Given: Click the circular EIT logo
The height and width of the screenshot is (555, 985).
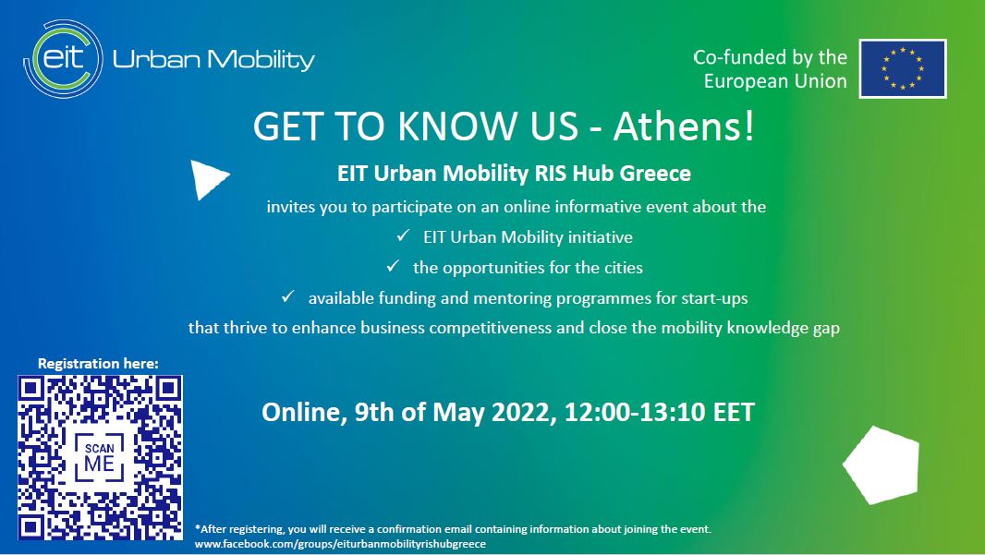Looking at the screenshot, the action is point(64,59).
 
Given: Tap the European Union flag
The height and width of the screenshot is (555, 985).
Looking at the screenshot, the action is point(903,68).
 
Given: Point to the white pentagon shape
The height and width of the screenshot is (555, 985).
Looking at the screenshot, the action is point(882,465).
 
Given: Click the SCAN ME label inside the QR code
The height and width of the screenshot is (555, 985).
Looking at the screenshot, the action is point(99,458).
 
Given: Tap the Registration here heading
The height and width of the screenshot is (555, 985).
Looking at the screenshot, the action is point(98,364).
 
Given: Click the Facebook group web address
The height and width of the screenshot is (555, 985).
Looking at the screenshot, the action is point(340,544).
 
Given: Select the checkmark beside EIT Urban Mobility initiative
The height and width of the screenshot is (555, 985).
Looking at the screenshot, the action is point(403,236).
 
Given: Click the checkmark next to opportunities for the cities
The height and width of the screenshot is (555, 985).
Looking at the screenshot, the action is point(393,266).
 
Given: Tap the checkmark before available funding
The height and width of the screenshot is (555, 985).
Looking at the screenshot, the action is point(287,296).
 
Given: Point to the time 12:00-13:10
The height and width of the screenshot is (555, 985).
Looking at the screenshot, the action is point(635,413).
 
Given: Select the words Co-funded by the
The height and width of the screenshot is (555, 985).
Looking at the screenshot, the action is point(770,57).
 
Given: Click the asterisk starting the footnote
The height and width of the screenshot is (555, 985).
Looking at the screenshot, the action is point(197,528).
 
